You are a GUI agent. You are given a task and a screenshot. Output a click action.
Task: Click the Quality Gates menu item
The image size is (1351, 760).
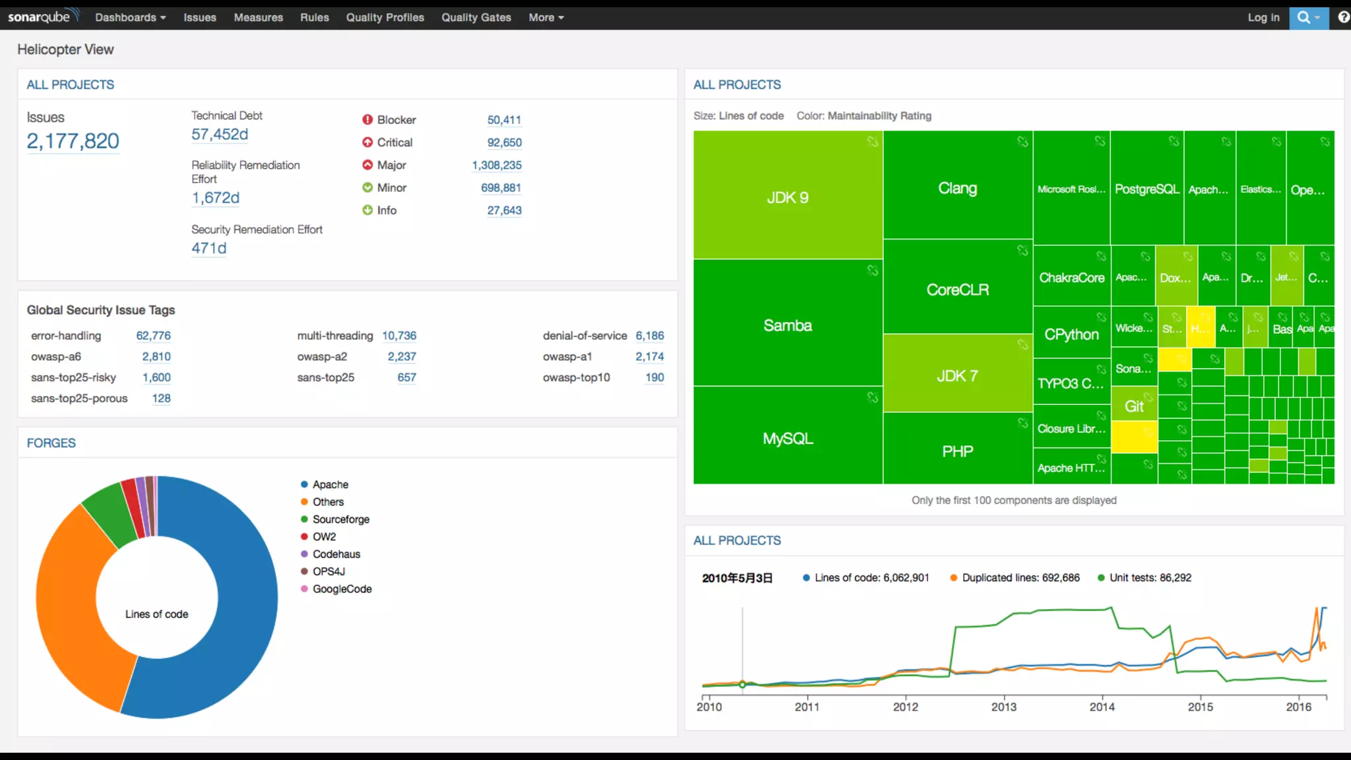coord(476,18)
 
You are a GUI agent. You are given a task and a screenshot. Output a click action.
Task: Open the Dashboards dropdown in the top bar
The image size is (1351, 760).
coord(130,18)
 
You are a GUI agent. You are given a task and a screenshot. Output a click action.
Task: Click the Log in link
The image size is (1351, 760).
coord(1263,18)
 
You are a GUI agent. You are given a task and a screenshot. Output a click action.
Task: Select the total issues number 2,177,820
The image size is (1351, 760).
coord(73,141)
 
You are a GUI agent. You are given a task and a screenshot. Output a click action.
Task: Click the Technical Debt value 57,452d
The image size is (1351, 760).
coord(220,135)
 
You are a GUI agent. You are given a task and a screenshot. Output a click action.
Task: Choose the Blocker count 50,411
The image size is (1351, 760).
coord(504,120)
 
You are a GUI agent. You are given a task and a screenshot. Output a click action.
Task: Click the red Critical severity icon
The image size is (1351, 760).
coord(367,142)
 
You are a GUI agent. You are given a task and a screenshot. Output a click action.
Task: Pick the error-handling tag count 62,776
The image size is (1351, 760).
coord(153,336)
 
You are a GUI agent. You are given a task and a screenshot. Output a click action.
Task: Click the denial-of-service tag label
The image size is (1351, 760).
coord(584,336)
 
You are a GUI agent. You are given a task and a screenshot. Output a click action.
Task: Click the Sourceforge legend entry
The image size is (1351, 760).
coord(340,519)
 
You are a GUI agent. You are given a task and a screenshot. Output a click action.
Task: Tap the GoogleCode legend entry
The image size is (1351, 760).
coord(342,589)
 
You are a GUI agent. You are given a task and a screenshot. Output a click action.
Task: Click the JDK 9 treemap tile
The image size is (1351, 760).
coord(788,197)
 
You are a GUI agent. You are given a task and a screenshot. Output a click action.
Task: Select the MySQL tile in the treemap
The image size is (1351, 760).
coord(788,439)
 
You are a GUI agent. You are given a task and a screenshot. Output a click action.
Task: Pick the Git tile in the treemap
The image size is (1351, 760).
coord(1134,406)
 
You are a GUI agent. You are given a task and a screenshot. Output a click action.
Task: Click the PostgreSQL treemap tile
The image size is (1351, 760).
coord(1147,189)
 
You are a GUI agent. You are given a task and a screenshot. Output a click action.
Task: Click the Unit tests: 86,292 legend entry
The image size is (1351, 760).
coord(1150,578)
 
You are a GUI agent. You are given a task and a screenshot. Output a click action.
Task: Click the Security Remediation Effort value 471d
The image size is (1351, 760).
coord(208,249)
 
